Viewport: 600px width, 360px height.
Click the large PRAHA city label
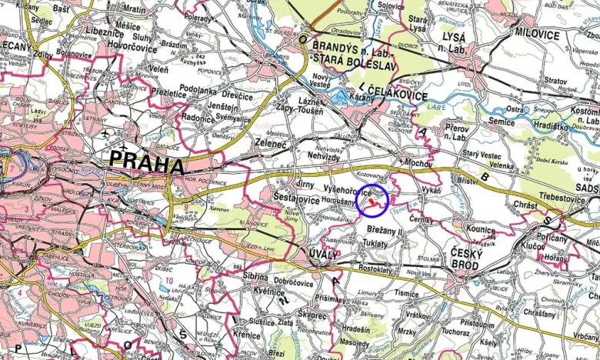(x=146, y=164)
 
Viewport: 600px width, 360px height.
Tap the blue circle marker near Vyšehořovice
(x=372, y=202)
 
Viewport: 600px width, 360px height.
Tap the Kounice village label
(x=481, y=228)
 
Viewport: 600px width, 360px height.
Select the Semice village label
(x=501, y=122)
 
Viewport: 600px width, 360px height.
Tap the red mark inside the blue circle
(x=374, y=202)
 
